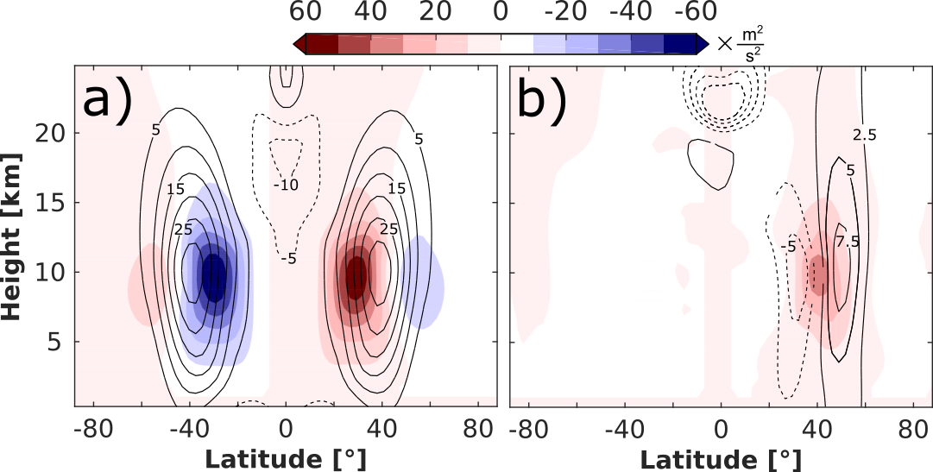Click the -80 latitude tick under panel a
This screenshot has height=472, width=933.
point(90,428)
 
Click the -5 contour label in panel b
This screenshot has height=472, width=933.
point(786,248)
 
